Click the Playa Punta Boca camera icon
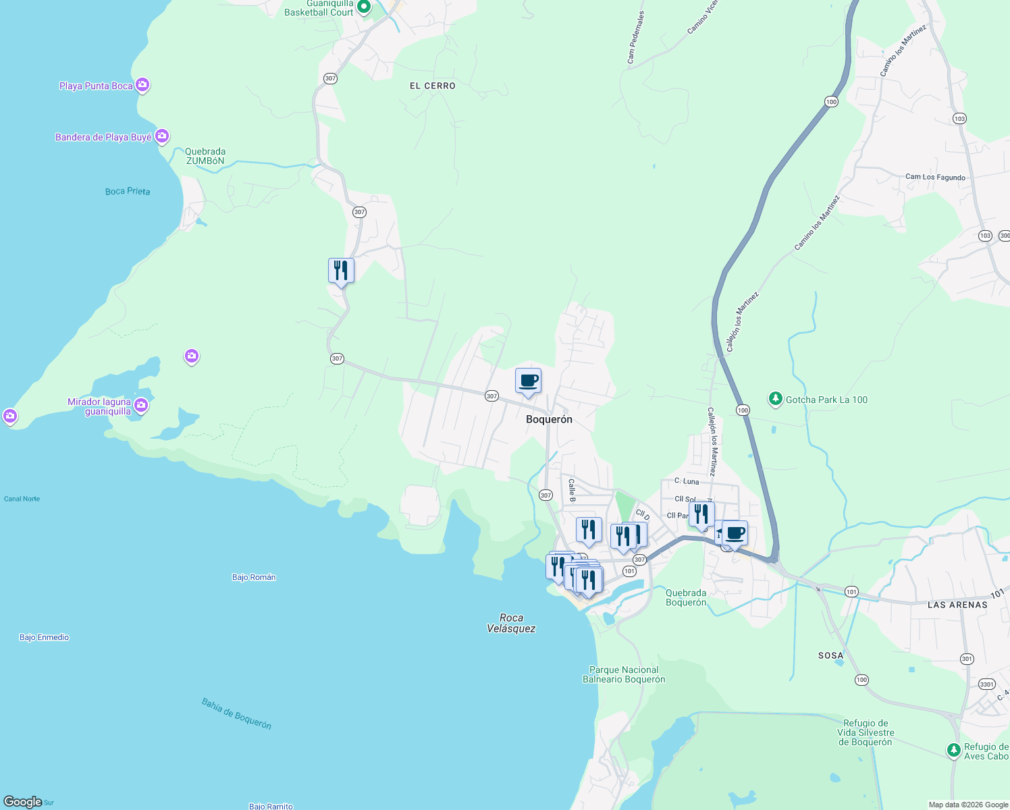coord(142,85)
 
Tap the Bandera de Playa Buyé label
coord(103,137)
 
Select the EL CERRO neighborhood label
coord(432,86)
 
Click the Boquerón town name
coord(549,419)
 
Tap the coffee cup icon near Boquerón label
coord(528,381)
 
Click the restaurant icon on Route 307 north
coord(341,271)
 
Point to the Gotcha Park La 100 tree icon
coord(776,400)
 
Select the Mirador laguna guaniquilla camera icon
coord(141,405)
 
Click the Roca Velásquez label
coord(511,623)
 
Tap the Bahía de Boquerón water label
coord(236,713)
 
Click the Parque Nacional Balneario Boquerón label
coord(624,674)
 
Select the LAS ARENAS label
coord(957,605)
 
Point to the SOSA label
coord(830,655)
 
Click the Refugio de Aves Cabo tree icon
coord(953,750)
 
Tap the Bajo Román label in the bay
coord(254,577)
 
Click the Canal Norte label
coord(22,499)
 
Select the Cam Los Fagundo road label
coord(935,177)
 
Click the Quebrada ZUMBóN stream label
coord(205,156)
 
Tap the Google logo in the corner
coord(23,802)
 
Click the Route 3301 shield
coord(986,684)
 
